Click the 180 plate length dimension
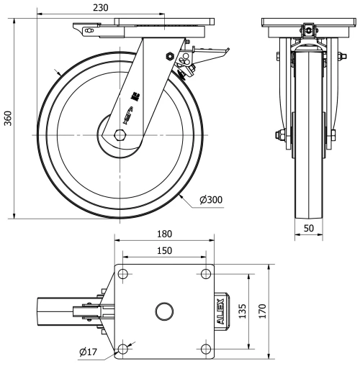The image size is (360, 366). pos(165,234)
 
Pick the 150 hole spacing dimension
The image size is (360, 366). pos(165,250)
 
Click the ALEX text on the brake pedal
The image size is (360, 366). pos(224,311)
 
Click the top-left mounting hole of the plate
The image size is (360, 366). pos(123,273)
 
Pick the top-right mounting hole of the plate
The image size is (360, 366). pos(207,273)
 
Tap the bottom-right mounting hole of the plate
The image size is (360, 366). pos(207,349)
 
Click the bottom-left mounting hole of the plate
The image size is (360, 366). pos(123,349)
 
